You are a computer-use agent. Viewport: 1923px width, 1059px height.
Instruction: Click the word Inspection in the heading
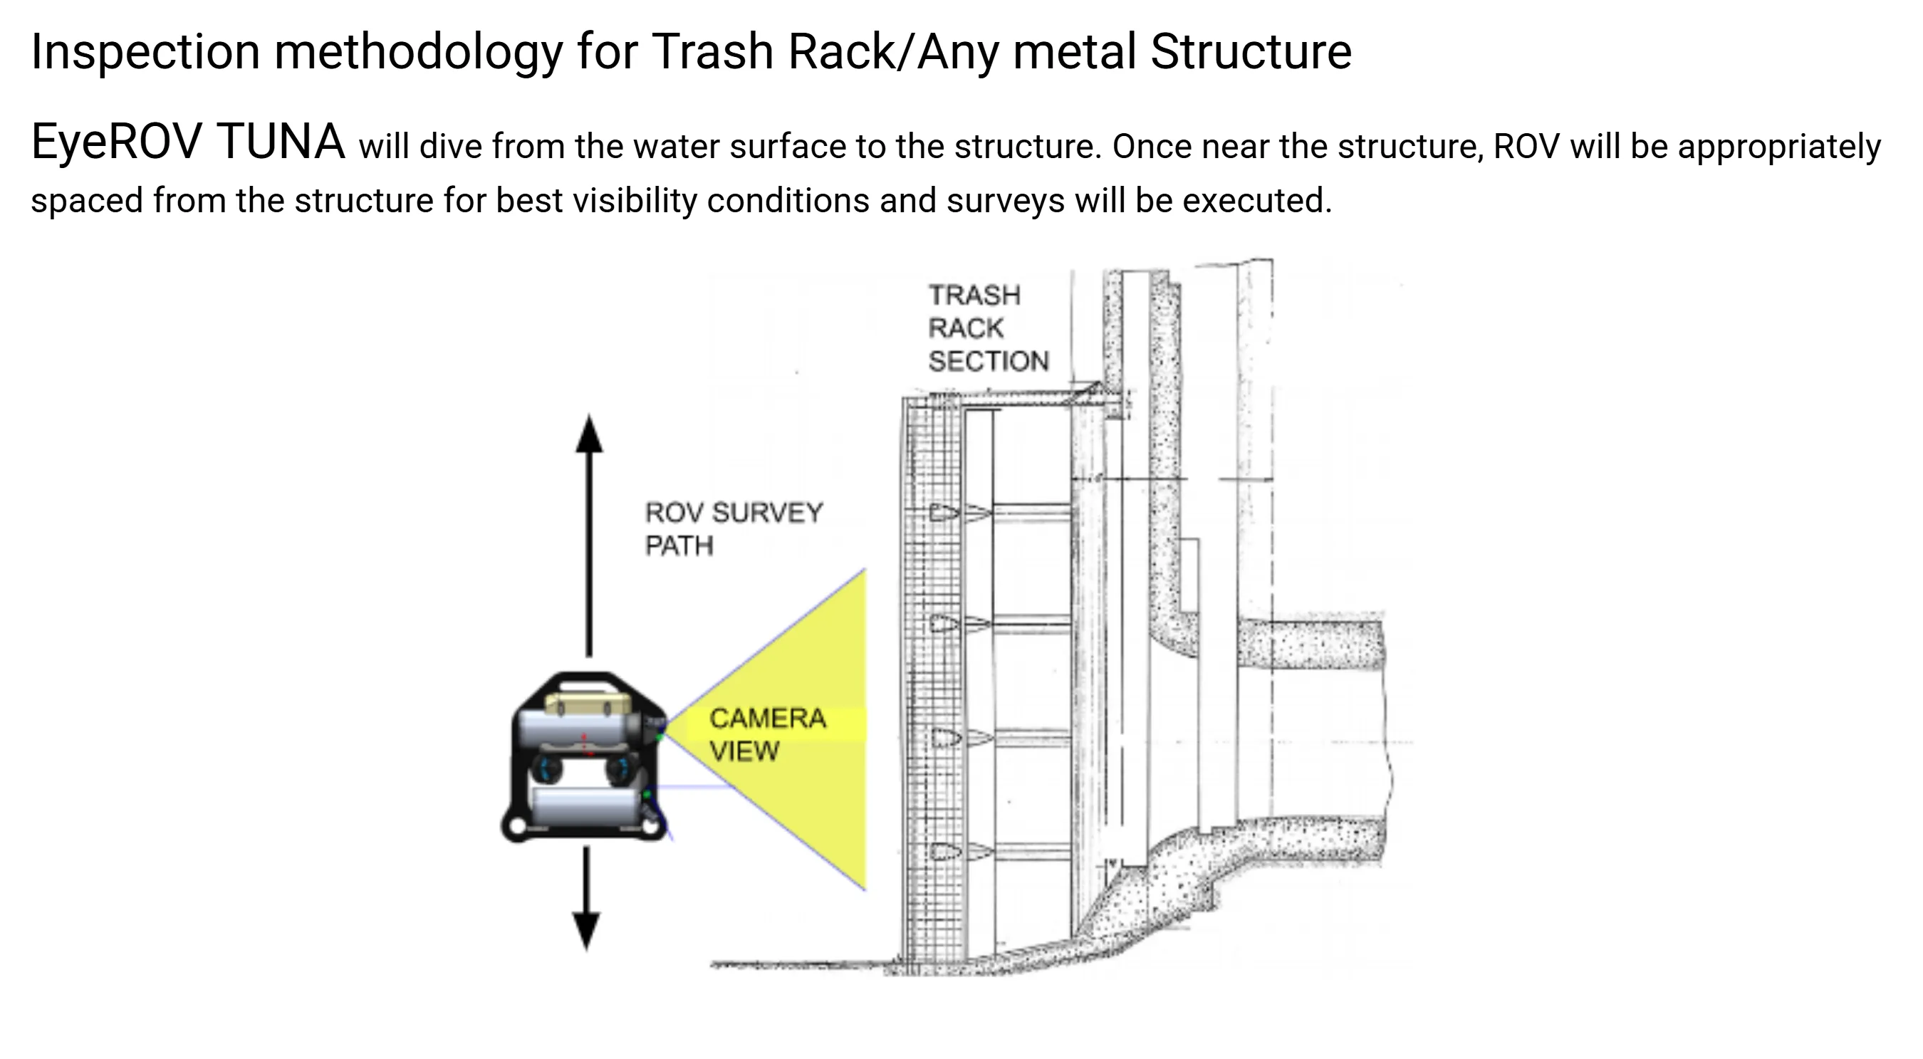(145, 52)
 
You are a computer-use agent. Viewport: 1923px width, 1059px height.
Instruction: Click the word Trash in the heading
(713, 52)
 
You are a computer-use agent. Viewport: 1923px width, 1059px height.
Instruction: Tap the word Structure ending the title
(1251, 52)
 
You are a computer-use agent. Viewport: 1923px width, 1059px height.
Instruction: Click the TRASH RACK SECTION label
(987, 328)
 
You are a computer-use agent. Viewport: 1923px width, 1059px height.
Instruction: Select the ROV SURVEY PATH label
(733, 528)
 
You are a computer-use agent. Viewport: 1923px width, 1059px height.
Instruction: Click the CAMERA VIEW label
(766, 734)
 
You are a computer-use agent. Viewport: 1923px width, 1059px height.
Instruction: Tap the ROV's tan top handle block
(588, 702)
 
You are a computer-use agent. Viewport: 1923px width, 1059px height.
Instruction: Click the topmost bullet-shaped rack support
(944, 513)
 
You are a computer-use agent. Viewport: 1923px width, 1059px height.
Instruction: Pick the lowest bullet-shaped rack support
(944, 851)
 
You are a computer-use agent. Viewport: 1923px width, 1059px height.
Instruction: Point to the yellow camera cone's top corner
(864, 572)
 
